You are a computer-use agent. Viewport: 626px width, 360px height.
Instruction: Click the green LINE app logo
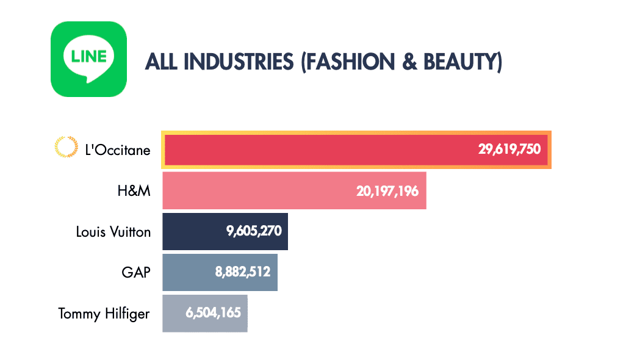point(88,59)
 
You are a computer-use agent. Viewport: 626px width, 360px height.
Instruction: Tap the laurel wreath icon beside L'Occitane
point(62,147)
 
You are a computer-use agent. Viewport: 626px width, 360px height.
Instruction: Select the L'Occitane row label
point(118,149)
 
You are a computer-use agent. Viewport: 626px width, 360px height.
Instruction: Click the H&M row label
point(134,190)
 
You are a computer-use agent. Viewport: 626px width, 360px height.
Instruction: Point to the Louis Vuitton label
point(113,232)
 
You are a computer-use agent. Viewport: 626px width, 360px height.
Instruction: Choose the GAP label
point(136,272)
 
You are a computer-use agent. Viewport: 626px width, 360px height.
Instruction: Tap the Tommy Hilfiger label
point(104,314)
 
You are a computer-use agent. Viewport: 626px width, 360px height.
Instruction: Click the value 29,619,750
point(509,149)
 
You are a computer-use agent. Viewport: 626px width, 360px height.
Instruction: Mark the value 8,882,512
point(242,273)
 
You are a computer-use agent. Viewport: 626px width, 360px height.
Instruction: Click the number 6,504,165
point(213,313)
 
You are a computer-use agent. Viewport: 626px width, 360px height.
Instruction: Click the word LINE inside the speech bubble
point(88,57)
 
